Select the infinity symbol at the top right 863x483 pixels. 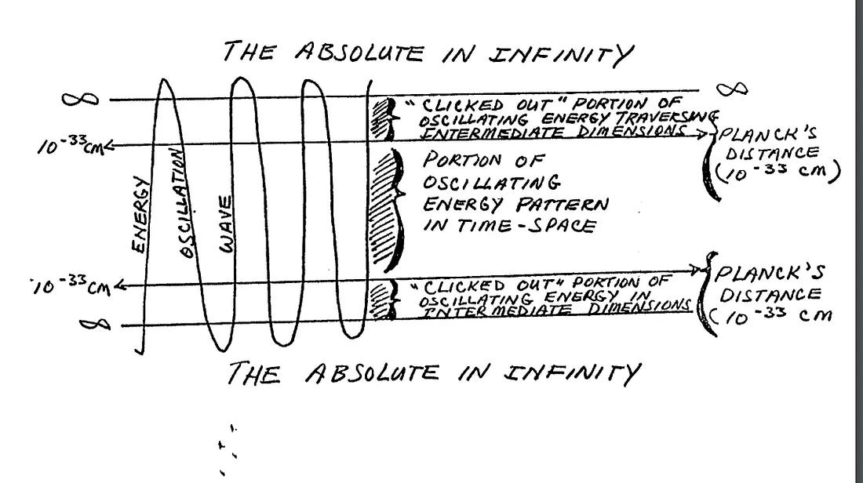point(734,89)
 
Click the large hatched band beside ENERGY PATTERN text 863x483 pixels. point(384,208)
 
